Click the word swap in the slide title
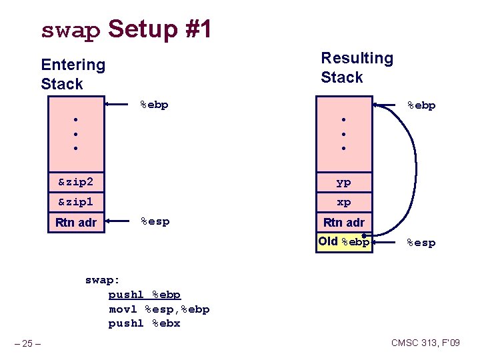point(70,31)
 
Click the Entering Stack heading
point(73,74)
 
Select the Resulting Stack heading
point(357,67)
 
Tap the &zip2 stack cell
point(76,181)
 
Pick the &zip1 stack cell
point(76,201)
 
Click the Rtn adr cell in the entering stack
point(76,222)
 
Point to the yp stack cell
point(343,182)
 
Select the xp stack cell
point(343,202)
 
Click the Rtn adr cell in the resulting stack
point(343,222)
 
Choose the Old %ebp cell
point(343,241)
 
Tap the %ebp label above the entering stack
point(154,104)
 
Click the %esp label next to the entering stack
point(155,221)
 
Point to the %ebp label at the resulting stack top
point(421,105)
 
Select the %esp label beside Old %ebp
point(421,243)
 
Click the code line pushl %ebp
point(144,295)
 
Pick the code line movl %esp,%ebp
point(159,309)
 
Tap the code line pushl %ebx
point(144,323)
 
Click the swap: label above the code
point(104,280)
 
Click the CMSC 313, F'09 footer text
point(425,343)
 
